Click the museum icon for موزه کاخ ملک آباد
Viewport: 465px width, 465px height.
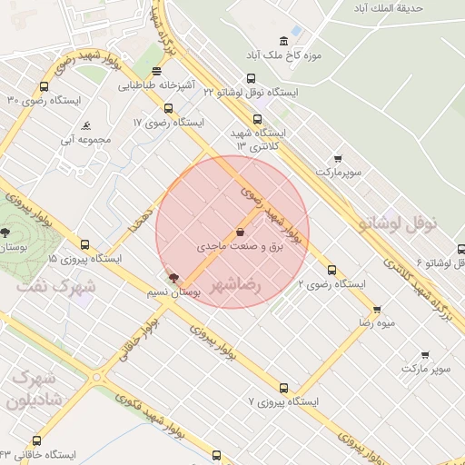pyautogui.click(x=284, y=40)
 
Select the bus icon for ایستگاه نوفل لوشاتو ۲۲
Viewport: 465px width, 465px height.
pyautogui.click(x=252, y=78)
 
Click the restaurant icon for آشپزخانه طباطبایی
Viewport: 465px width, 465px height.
pyautogui.click(x=157, y=71)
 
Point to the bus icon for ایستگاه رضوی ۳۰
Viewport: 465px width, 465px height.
pyautogui.click(x=45, y=87)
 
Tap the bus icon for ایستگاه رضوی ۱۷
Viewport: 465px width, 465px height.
pyautogui.click(x=168, y=108)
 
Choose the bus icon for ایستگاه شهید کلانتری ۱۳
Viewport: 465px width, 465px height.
pyautogui.click(x=257, y=118)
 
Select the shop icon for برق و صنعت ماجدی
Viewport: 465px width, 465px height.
pyautogui.click(x=240, y=231)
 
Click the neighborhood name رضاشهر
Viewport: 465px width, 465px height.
pyautogui.click(x=234, y=285)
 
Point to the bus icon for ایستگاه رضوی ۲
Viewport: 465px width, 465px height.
pyautogui.click(x=331, y=270)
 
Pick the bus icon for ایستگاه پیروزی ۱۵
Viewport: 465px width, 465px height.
pyautogui.click(x=84, y=244)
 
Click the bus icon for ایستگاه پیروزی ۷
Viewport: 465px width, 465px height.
pyautogui.click(x=284, y=387)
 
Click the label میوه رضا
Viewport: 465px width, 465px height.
pyautogui.click(x=376, y=322)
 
